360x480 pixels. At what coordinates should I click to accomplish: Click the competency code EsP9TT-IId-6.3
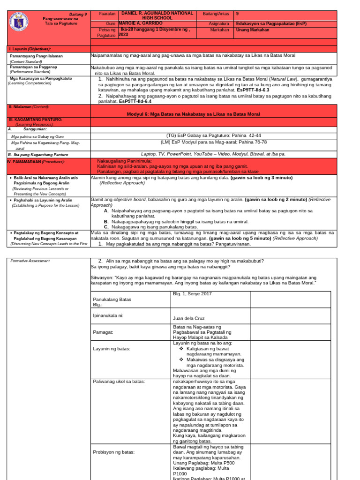pos(253,89)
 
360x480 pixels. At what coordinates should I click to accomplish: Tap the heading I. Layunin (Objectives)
pos(30,49)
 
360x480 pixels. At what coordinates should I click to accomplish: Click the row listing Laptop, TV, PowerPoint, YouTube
pos(213,153)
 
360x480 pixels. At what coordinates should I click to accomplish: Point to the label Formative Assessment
pos(30,261)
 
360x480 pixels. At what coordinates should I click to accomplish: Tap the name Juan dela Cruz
pos(189,318)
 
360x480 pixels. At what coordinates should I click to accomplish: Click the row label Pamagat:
pos(105,332)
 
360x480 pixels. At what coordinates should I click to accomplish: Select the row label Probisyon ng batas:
pos(114,452)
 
